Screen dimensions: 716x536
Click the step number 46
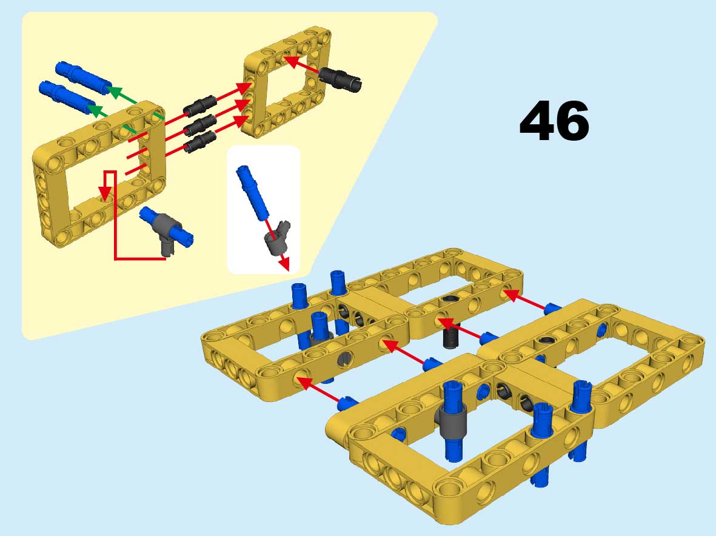coord(554,121)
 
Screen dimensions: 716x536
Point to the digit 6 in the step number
coord(572,121)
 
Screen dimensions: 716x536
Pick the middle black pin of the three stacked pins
coord(199,125)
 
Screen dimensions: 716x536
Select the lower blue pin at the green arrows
coord(67,97)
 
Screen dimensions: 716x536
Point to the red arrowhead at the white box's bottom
coord(284,264)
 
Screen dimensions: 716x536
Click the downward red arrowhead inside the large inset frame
coord(105,193)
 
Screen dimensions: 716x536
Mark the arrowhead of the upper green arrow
coord(113,91)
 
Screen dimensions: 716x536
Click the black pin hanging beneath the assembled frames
coord(451,339)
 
